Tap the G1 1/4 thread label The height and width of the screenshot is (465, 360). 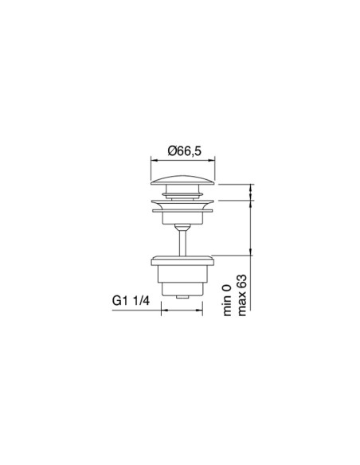pos(131,300)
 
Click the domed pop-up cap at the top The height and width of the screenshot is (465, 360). pos(183,181)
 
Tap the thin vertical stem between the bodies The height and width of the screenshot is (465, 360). pos(183,240)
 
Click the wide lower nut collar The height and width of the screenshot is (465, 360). pos(183,260)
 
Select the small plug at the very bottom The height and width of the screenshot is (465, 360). pos(183,295)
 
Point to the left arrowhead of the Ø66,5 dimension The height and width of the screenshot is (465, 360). pos(154,161)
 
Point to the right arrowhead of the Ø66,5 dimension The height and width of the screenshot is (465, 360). pos(213,161)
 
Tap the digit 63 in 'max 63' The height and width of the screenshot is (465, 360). pos(244,281)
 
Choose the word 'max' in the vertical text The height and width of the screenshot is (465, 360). pos(244,307)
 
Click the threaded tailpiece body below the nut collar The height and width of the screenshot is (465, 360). pos(183,279)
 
